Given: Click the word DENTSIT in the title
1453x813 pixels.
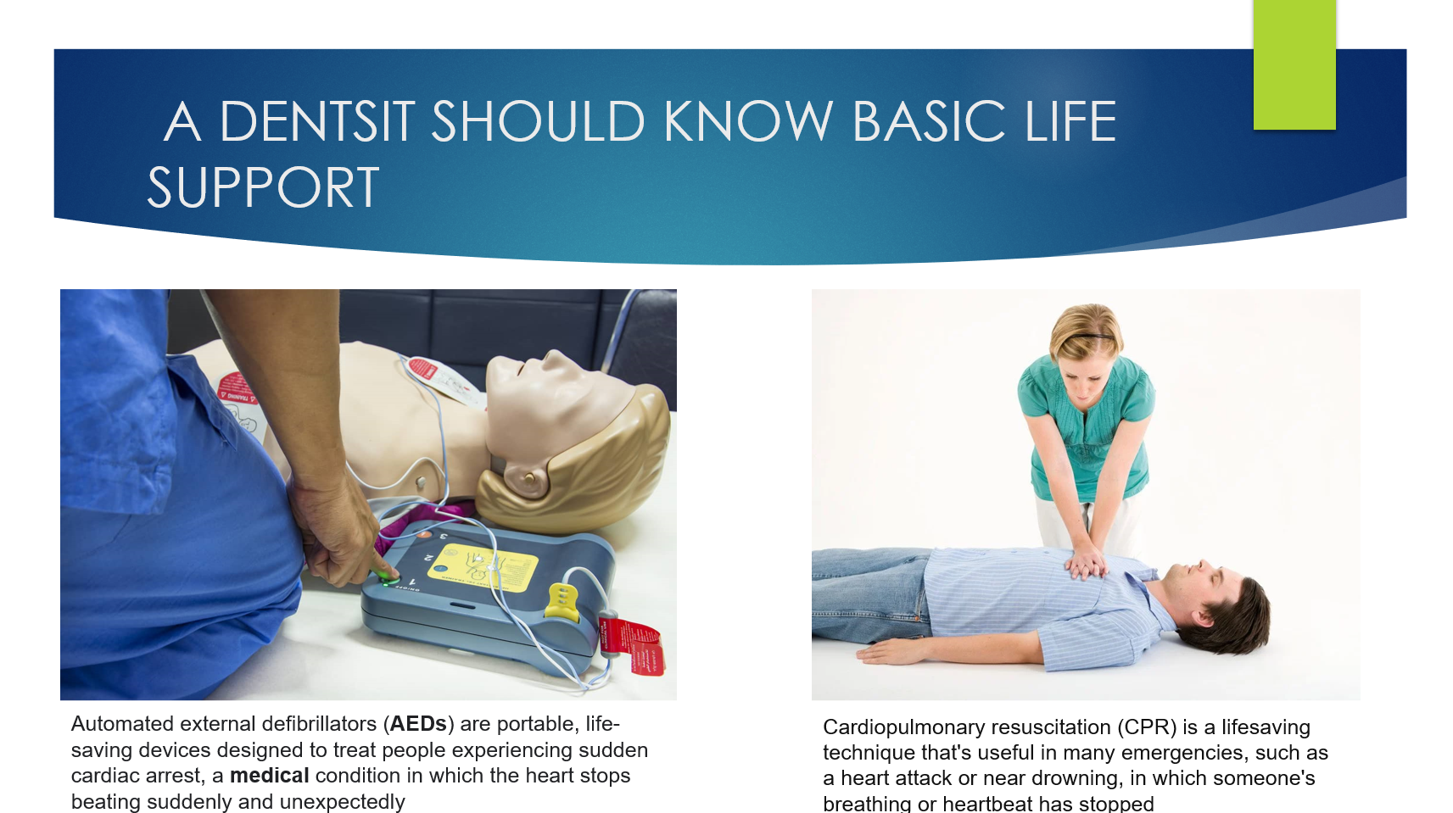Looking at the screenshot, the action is coord(317,121).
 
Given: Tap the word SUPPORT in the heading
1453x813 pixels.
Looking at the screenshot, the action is coord(263,187).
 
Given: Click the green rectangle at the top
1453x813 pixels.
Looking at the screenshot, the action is coord(1294,64).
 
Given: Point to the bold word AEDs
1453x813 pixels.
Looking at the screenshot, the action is coord(418,723).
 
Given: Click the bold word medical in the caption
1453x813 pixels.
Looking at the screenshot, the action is coord(269,776).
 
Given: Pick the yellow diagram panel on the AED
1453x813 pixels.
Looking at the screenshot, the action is coord(483,567).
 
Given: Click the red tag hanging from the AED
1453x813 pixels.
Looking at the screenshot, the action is coord(632,646).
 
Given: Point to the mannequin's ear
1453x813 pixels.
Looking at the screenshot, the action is coord(525,480).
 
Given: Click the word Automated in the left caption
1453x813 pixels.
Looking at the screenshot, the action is coord(122,723).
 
